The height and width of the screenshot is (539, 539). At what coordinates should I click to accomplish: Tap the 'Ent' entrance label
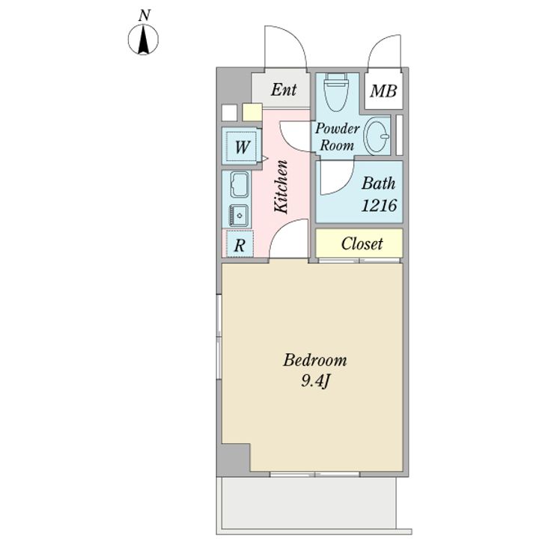pyautogui.click(x=284, y=90)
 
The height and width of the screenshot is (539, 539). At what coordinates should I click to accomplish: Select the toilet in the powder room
pyautogui.click(x=336, y=92)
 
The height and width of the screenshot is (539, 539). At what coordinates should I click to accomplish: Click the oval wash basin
pyautogui.click(x=377, y=135)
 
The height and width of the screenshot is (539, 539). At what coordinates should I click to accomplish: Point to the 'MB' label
pyautogui.click(x=383, y=91)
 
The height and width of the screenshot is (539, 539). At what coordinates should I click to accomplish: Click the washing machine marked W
pyautogui.click(x=242, y=146)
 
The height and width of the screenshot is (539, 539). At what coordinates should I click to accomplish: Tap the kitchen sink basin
pyautogui.click(x=240, y=185)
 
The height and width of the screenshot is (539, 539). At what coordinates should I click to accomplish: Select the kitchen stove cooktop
pyautogui.click(x=239, y=215)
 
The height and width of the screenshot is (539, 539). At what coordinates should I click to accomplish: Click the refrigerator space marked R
pyautogui.click(x=240, y=244)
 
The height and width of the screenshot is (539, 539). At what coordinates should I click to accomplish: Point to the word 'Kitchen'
pyautogui.click(x=281, y=186)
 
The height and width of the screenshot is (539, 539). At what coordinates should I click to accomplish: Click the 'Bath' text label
pyautogui.click(x=379, y=183)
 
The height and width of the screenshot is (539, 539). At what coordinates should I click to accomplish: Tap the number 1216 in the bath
pyautogui.click(x=379, y=205)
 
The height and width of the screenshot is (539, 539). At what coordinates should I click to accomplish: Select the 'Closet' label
pyautogui.click(x=362, y=244)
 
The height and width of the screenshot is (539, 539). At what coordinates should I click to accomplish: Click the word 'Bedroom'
pyautogui.click(x=315, y=360)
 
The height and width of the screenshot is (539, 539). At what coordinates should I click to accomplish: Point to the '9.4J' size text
pyautogui.click(x=316, y=381)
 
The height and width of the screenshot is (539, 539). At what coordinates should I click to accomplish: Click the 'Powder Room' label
pyautogui.click(x=337, y=137)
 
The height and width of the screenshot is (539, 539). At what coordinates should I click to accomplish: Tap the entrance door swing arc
pyautogui.click(x=285, y=46)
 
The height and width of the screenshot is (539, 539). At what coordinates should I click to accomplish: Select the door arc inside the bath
pyautogui.click(x=337, y=177)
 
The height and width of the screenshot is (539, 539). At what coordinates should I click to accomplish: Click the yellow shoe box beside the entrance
pyautogui.click(x=252, y=112)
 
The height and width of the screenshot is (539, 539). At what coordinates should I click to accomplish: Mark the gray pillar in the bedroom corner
pyautogui.click(x=235, y=460)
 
